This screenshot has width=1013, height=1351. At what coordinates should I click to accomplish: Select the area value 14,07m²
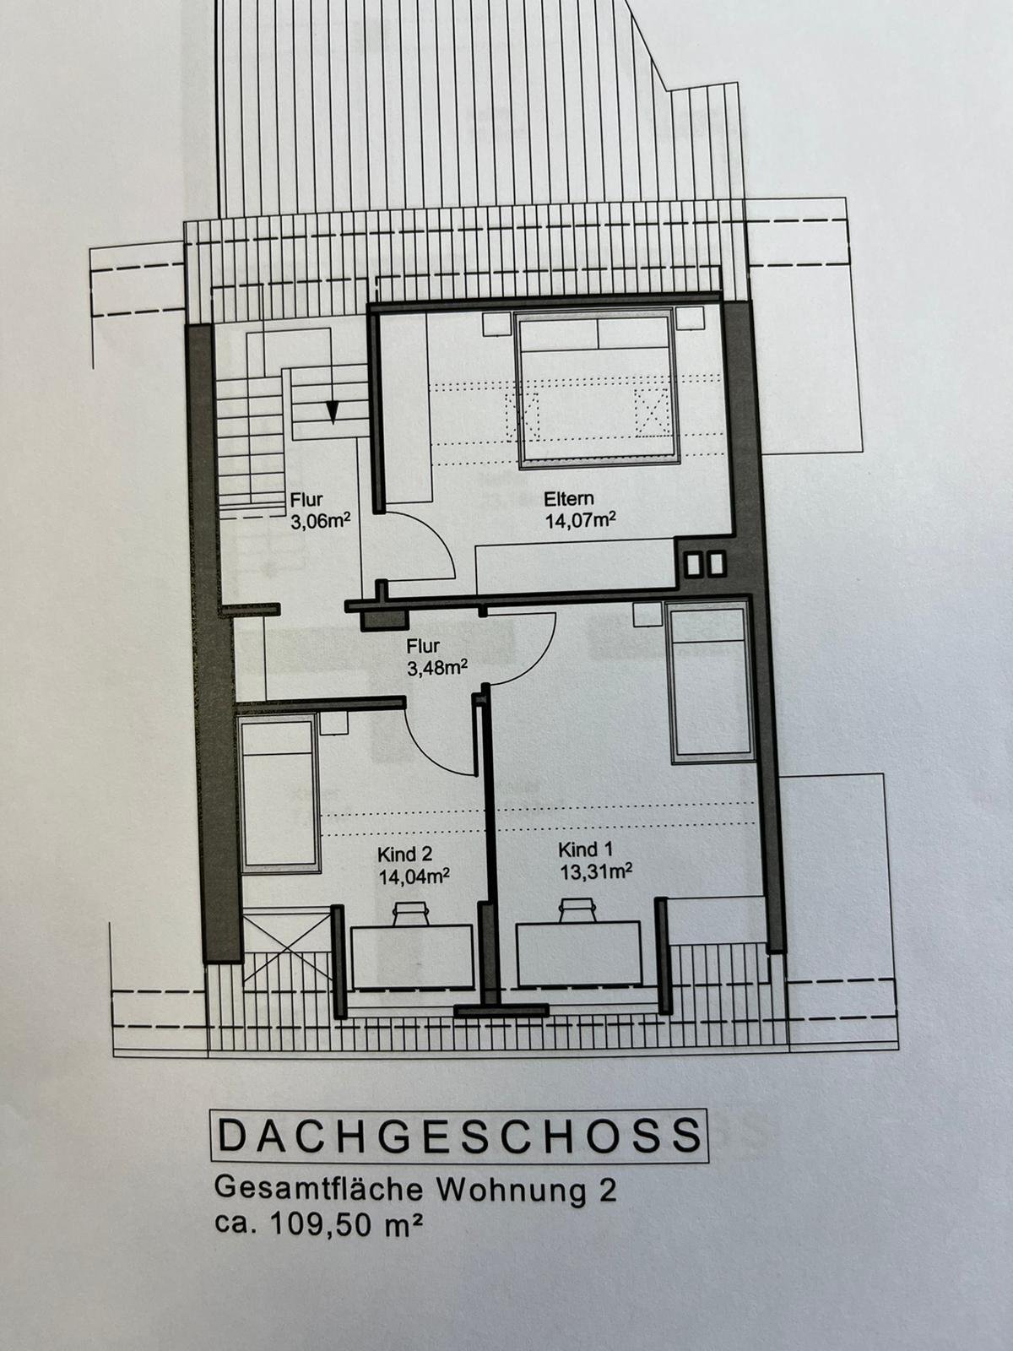point(579,520)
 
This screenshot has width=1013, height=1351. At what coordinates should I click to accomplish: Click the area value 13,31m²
point(596,871)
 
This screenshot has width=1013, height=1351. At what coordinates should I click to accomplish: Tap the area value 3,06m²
point(321,522)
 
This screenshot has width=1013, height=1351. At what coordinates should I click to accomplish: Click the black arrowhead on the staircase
point(333,411)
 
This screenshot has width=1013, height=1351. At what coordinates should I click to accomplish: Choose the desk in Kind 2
point(411,957)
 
